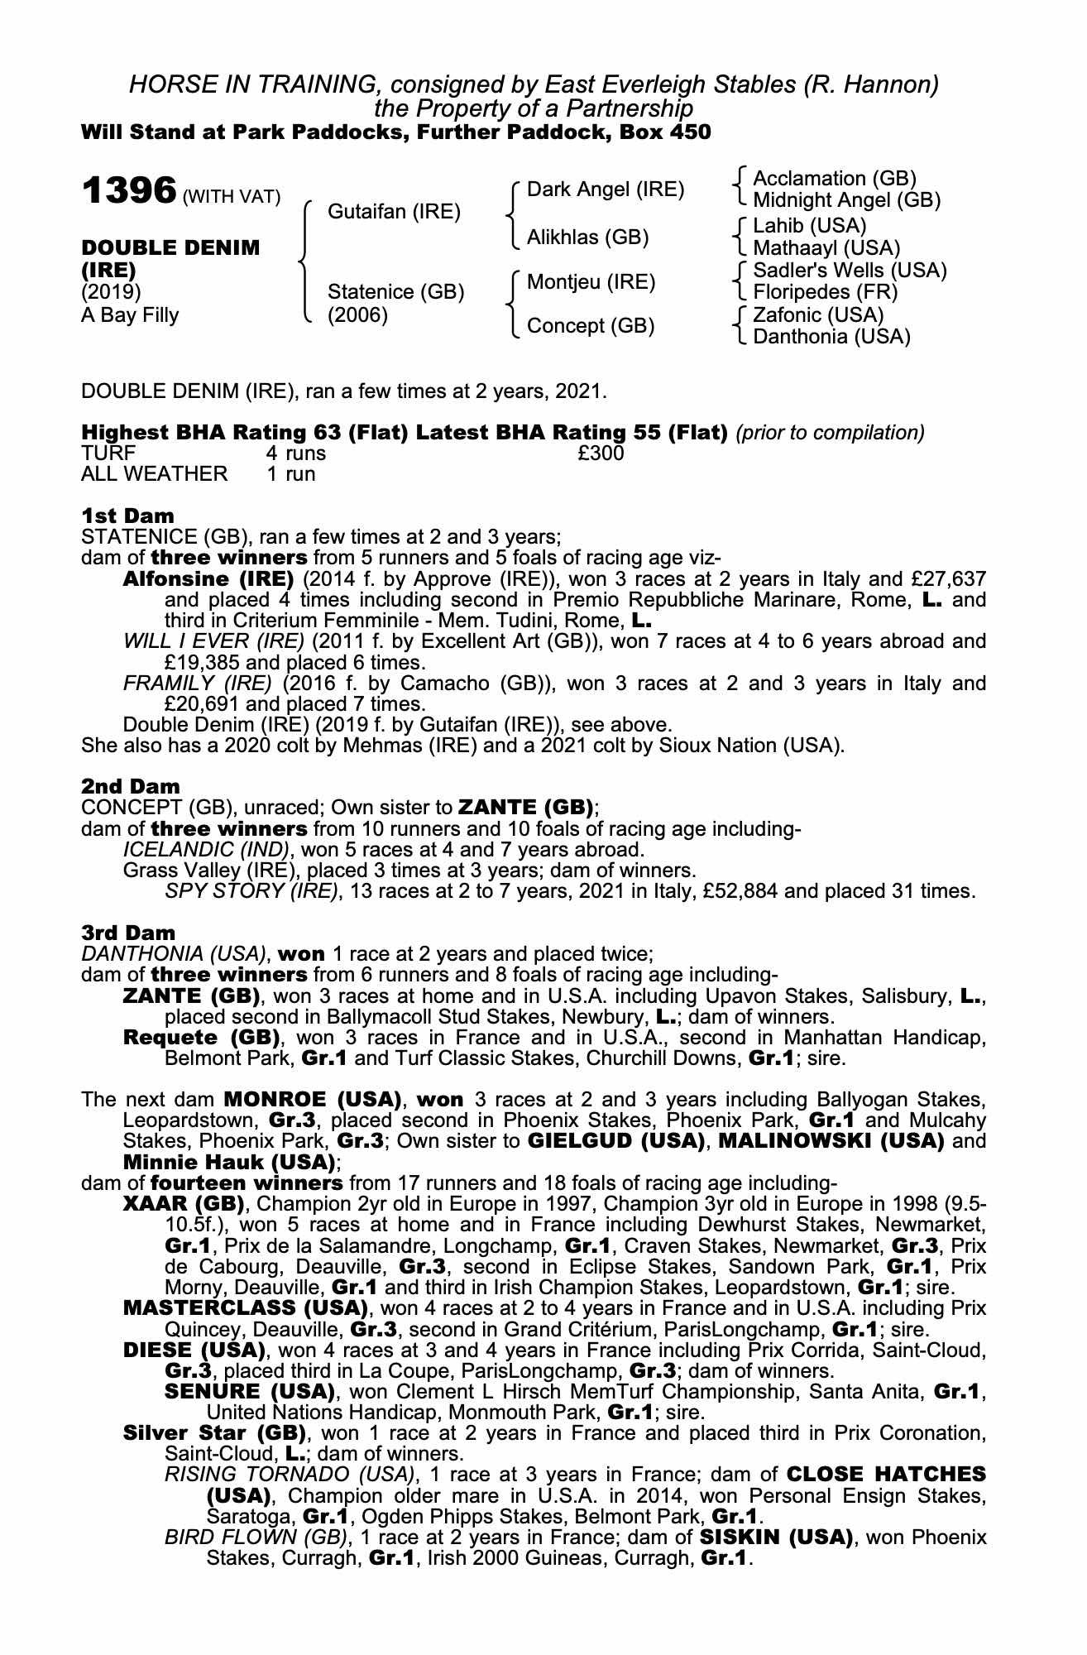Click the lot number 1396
(128, 191)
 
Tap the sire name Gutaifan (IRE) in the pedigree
(394, 212)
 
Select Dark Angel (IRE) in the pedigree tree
(606, 189)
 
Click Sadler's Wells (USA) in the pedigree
(850, 271)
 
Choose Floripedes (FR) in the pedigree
(825, 292)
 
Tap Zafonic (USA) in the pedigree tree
(818, 315)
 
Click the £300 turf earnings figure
(601, 453)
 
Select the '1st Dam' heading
(127, 516)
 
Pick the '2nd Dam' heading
(130, 786)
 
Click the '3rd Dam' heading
(128, 933)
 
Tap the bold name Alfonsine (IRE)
(208, 578)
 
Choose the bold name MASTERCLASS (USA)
(245, 1308)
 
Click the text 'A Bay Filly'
(130, 315)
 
